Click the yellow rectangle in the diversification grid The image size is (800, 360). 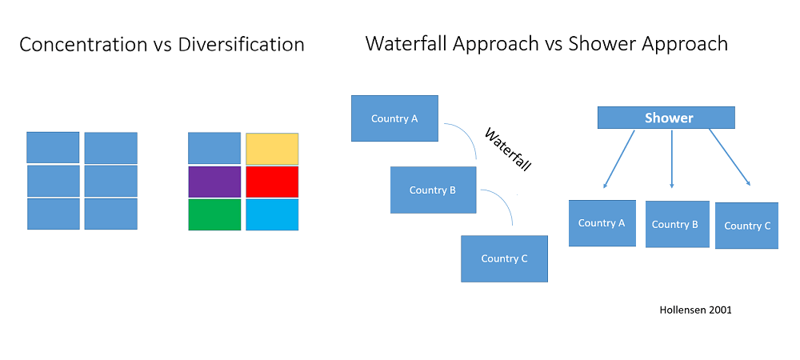(x=272, y=149)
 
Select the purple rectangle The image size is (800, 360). (x=214, y=182)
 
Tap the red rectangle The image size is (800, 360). (x=272, y=182)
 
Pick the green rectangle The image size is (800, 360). (x=214, y=214)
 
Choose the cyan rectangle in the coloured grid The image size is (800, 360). (x=272, y=214)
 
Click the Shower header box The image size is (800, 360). (x=666, y=118)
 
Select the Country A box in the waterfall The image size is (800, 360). (x=395, y=118)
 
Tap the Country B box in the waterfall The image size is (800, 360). (x=433, y=190)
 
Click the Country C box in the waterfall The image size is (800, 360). (x=504, y=258)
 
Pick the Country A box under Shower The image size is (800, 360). (x=602, y=223)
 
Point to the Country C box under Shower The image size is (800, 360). (x=747, y=226)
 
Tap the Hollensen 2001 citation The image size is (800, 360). (x=695, y=310)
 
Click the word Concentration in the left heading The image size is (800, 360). (x=83, y=45)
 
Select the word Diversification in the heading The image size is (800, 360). (x=242, y=45)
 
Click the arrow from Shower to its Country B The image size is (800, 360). (x=672, y=159)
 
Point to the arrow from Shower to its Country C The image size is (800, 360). (x=730, y=158)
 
